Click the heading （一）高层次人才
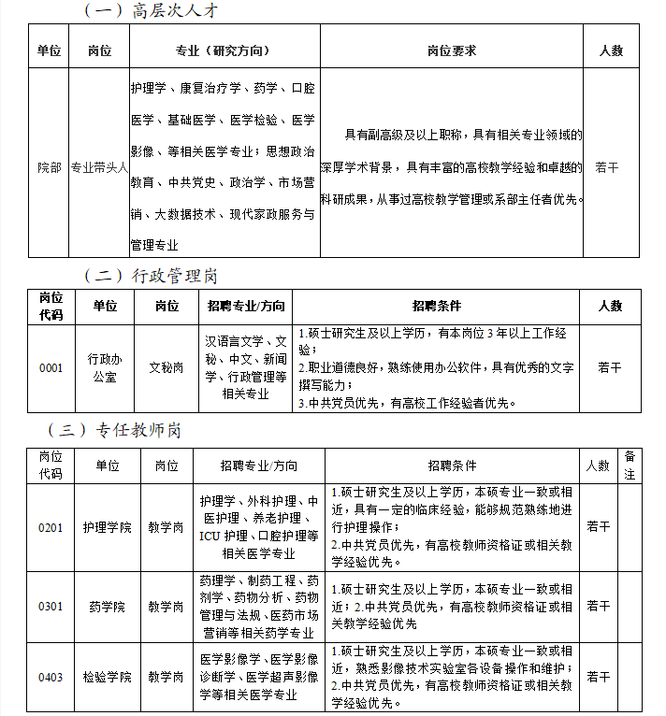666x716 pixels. pyautogui.click(x=152, y=11)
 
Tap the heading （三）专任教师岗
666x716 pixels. pyautogui.click(x=121, y=431)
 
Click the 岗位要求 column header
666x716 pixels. pyautogui.click(x=451, y=50)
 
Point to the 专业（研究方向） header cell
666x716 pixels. pyautogui.click(x=224, y=50)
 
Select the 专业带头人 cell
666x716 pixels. pyautogui.click(x=99, y=168)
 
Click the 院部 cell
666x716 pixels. pyautogui.click(x=50, y=168)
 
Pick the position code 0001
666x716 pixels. pyautogui.click(x=51, y=367)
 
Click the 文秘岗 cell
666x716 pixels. pyautogui.click(x=166, y=367)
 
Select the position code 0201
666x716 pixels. pyautogui.click(x=51, y=527)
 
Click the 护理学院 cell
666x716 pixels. pyautogui.click(x=107, y=527)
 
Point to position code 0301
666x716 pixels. pyautogui.click(x=51, y=607)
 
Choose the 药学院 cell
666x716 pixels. pyautogui.click(x=107, y=607)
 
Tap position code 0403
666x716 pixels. pyautogui.click(x=51, y=676)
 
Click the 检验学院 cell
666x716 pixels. pyautogui.click(x=107, y=676)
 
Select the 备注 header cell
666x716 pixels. pyautogui.click(x=630, y=465)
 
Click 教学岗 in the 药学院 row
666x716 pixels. pyautogui.click(x=166, y=607)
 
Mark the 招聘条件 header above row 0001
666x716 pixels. pyautogui.click(x=437, y=306)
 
